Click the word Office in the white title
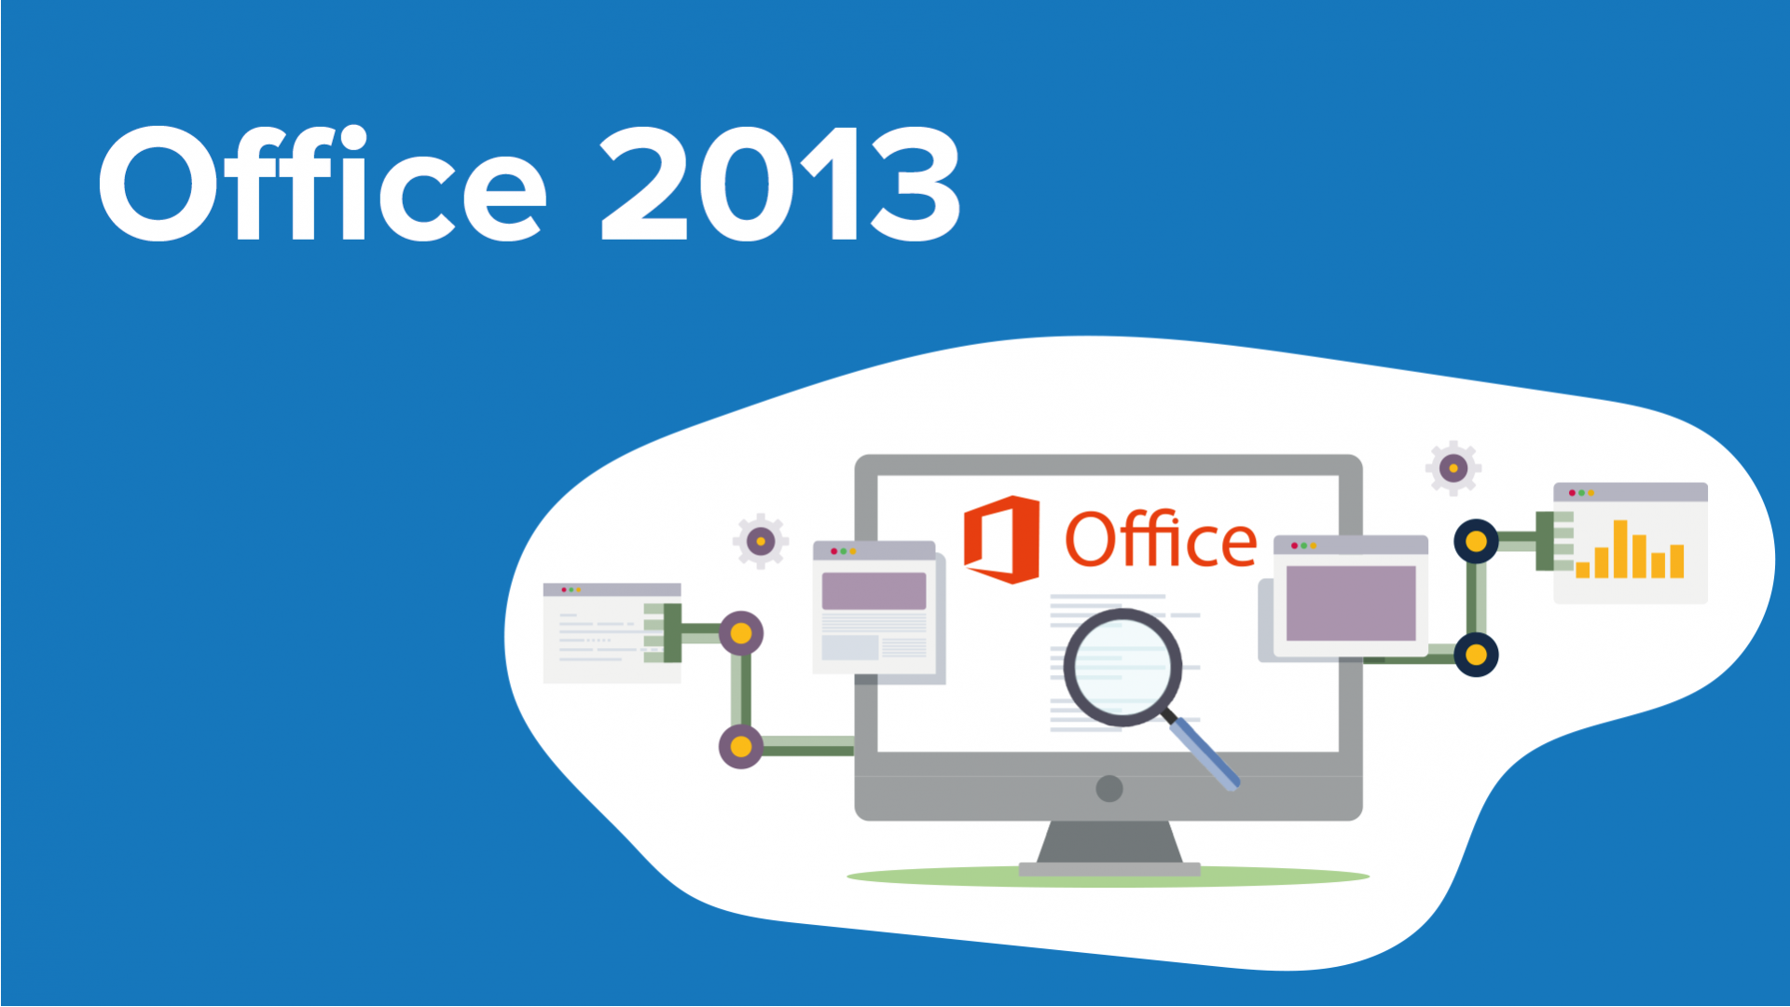(x=322, y=184)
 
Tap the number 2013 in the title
(x=779, y=186)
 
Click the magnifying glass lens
(x=1122, y=667)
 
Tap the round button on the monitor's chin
(x=1109, y=789)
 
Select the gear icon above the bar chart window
(x=1453, y=468)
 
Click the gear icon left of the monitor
(x=761, y=541)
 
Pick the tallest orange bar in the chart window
(x=1620, y=549)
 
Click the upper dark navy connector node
(x=1476, y=541)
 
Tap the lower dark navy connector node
(x=1476, y=655)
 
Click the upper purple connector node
(x=741, y=634)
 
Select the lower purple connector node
(x=741, y=747)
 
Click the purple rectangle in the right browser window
(x=1351, y=602)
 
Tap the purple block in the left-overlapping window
(x=874, y=591)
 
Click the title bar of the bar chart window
(x=1641, y=492)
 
